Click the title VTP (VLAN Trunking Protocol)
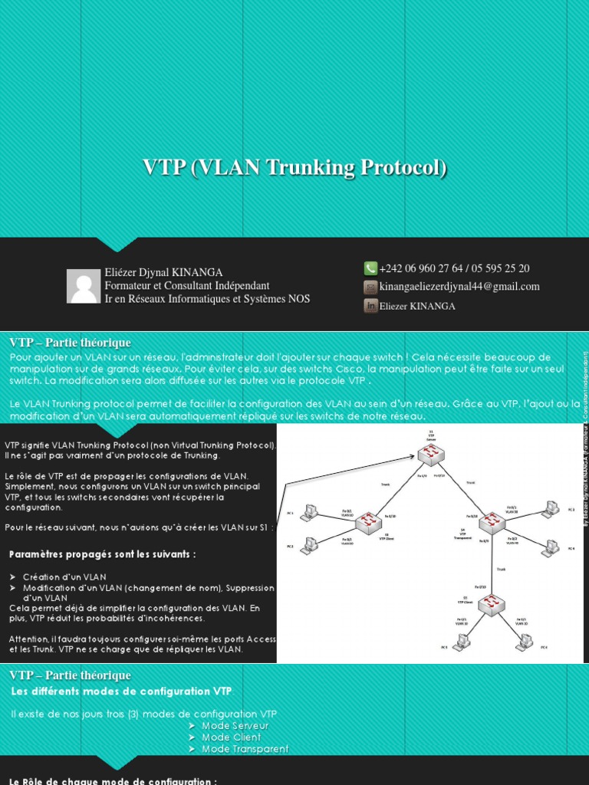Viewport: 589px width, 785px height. (294, 168)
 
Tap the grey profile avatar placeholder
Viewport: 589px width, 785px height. (84, 286)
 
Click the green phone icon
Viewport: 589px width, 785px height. (370, 268)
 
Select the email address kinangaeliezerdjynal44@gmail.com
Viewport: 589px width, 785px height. (459, 287)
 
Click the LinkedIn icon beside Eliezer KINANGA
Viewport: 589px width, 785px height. (370, 305)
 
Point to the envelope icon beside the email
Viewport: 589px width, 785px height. (370, 287)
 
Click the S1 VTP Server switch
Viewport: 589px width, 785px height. (431, 455)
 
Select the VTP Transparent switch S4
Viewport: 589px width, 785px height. (492, 522)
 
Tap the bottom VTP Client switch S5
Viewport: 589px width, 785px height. (492, 605)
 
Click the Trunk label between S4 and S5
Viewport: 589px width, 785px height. (501, 570)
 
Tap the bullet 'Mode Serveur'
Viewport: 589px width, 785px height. (235, 725)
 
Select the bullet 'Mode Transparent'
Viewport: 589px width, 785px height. (245, 748)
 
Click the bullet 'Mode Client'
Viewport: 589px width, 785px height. (231, 737)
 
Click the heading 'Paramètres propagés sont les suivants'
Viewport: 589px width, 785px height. (102, 554)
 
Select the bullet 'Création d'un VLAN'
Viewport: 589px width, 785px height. (64, 576)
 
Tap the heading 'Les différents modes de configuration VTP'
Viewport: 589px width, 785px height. (121, 691)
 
